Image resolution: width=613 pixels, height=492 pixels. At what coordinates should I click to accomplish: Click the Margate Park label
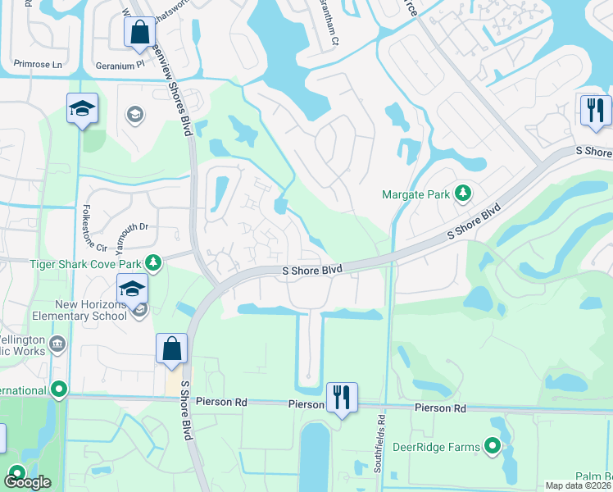[x=417, y=194]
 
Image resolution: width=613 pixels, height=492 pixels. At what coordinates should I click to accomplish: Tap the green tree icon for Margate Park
[x=464, y=194]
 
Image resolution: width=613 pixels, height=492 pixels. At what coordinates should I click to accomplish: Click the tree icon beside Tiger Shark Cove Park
[x=152, y=262]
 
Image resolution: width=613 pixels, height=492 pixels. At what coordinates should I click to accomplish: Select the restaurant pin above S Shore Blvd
[x=595, y=111]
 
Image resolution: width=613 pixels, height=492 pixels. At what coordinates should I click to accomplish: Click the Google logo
[x=27, y=482]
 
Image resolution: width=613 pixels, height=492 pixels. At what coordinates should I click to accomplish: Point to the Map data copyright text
[x=579, y=485]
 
